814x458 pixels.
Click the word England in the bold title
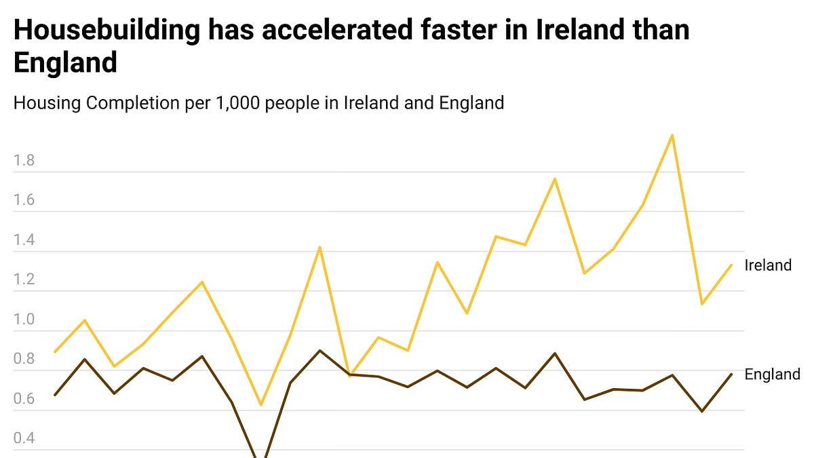(x=65, y=63)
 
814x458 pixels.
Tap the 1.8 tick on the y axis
(x=24, y=161)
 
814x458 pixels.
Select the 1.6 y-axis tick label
(x=24, y=201)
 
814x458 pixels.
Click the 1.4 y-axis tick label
(x=24, y=241)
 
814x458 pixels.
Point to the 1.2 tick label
(x=24, y=280)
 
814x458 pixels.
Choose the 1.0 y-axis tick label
(x=24, y=320)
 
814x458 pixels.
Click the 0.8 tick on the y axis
(x=24, y=360)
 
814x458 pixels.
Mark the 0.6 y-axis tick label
(x=24, y=400)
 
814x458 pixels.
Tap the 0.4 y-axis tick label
(x=24, y=439)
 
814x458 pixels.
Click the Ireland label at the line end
(x=768, y=265)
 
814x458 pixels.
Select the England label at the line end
(x=772, y=375)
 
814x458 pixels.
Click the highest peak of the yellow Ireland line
(x=672, y=135)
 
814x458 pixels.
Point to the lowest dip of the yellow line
(x=261, y=405)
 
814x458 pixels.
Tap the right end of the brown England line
(x=732, y=374)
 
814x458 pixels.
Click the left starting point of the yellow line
(x=54, y=352)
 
